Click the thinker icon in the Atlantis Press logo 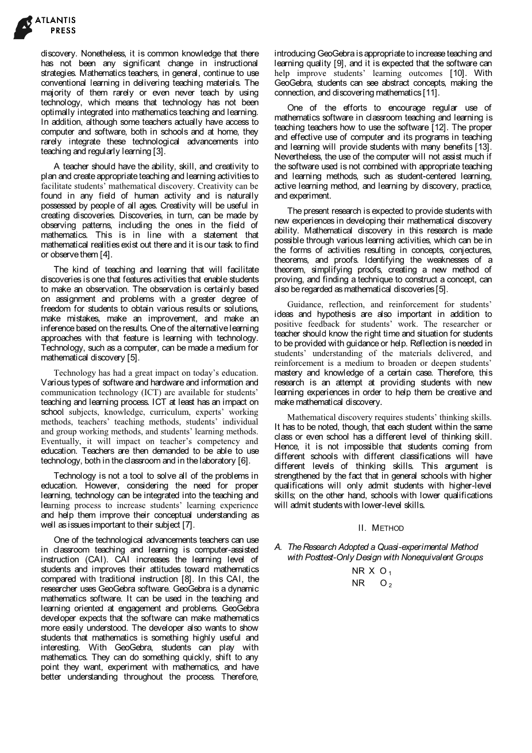(x=23, y=27)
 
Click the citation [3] (x=159, y=151)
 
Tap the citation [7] (x=188, y=525)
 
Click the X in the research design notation (x=372, y=571)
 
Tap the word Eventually (x=61, y=441)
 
